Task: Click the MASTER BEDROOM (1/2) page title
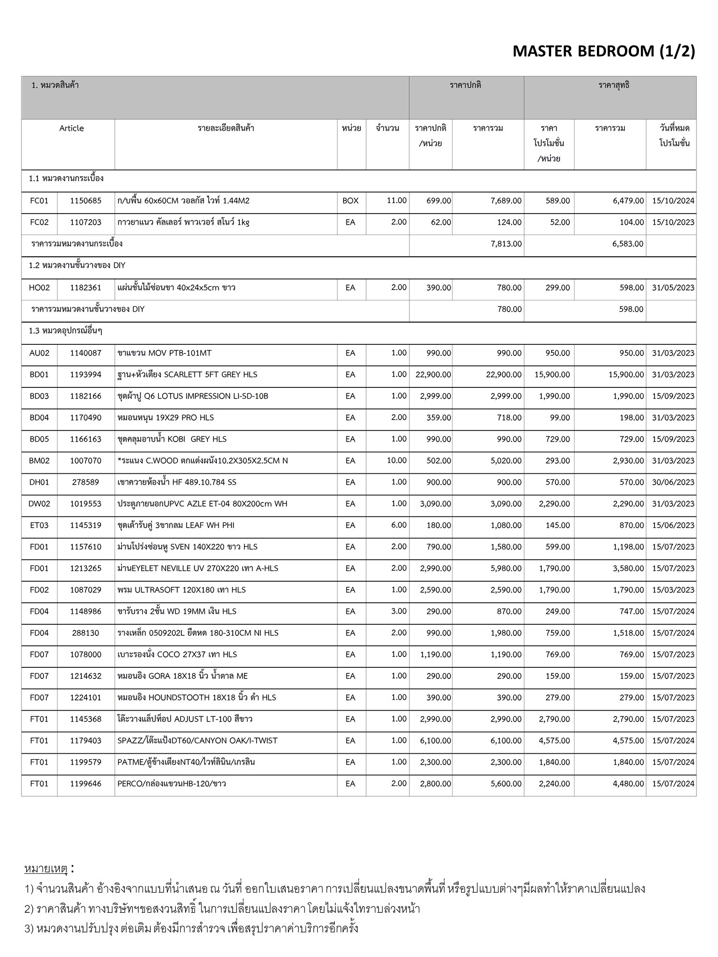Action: [603, 51]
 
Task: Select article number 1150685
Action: [86, 201]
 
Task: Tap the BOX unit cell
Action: [350, 201]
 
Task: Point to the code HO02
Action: [39, 288]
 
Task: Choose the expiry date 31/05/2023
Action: [673, 288]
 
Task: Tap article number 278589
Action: [86, 482]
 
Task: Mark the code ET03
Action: [39, 525]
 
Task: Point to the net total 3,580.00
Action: [628, 568]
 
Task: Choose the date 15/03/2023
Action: [673, 590]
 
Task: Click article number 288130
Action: [86, 633]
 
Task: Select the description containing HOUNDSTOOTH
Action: [197, 697]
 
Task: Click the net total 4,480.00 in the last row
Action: [628, 783]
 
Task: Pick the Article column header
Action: [72, 128]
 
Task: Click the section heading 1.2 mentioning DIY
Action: [77, 265]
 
